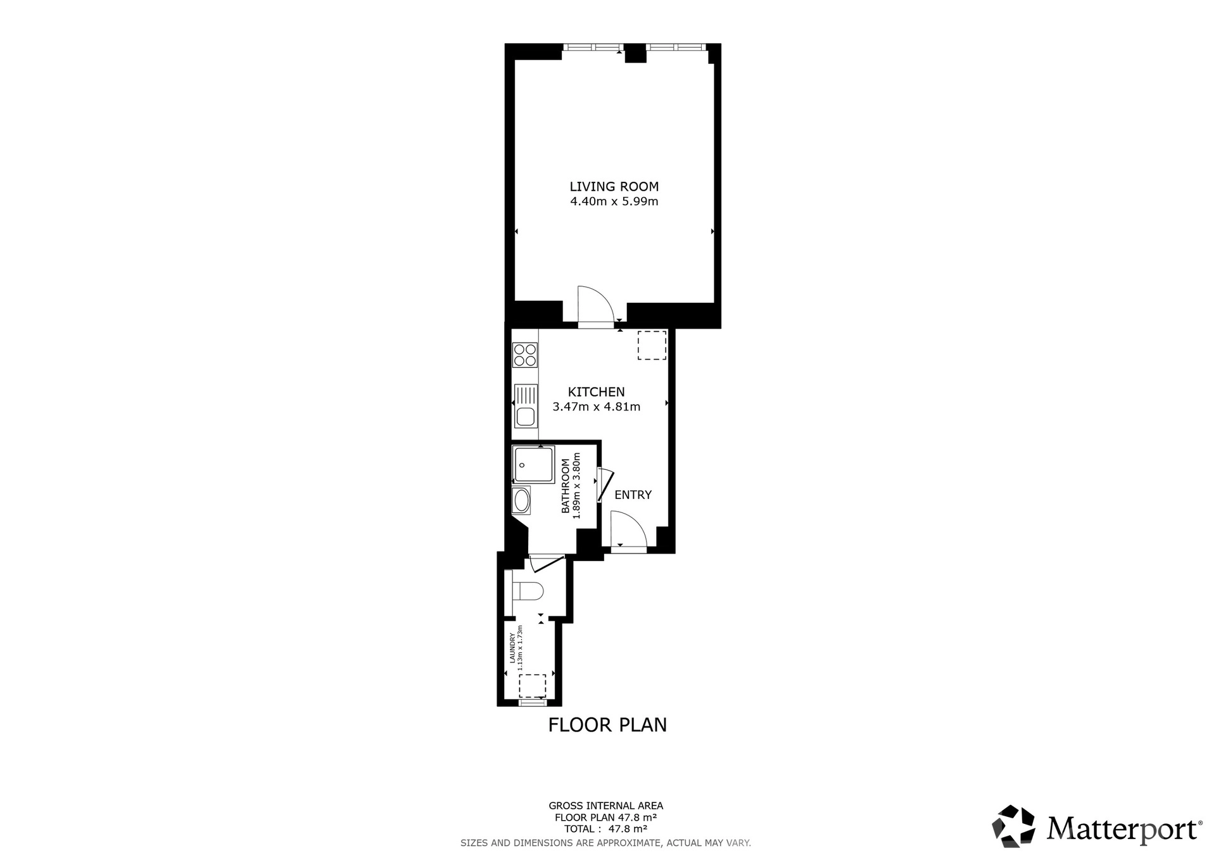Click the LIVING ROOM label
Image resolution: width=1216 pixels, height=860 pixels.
(x=614, y=187)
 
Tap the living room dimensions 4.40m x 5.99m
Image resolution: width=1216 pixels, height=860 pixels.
(x=614, y=202)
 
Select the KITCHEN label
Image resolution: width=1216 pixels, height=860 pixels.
(x=596, y=392)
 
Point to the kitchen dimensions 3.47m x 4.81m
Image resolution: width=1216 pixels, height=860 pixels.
(x=596, y=407)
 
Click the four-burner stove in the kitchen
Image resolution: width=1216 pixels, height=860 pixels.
(x=525, y=355)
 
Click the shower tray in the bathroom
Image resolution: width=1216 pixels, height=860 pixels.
(x=533, y=465)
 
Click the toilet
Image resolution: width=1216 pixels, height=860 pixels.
(x=527, y=591)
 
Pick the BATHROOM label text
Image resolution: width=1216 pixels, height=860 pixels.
(x=566, y=486)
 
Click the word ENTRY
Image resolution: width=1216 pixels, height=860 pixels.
(x=633, y=495)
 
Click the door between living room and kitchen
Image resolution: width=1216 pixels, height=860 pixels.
(x=596, y=306)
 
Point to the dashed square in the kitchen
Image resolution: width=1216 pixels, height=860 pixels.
(x=652, y=345)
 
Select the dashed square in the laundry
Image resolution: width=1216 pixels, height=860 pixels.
(x=532, y=686)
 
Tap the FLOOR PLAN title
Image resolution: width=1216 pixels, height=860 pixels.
(x=607, y=724)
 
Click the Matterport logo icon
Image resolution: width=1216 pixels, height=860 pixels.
(x=1013, y=826)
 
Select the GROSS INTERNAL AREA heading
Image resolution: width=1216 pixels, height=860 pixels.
(x=606, y=806)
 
